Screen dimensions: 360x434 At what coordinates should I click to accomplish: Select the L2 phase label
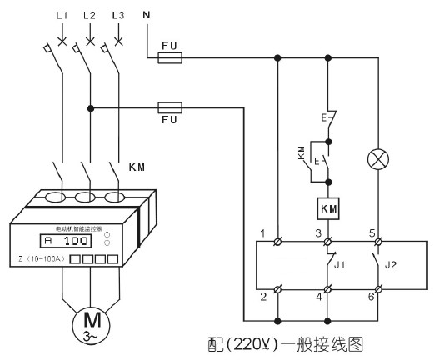(90, 16)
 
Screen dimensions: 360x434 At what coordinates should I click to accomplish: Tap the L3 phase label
(117, 16)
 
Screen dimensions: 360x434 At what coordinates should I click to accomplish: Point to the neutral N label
(147, 15)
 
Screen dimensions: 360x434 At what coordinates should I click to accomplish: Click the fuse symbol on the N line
(170, 58)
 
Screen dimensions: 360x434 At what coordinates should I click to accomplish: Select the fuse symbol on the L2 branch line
(170, 107)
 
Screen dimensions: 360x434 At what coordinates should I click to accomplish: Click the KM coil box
(328, 207)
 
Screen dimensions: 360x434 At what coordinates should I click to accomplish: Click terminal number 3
(317, 231)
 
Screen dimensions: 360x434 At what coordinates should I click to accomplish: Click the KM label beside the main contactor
(138, 167)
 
